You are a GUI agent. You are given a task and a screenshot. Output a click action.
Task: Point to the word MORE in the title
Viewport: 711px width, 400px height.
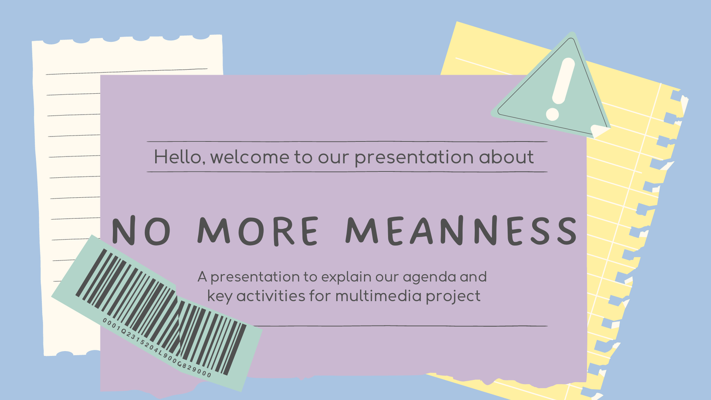[x=258, y=231]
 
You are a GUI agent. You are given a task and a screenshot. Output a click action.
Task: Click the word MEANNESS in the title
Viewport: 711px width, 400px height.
[x=461, y=231]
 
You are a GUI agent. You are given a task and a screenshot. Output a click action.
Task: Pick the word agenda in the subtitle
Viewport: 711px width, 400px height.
[x=429, y=277]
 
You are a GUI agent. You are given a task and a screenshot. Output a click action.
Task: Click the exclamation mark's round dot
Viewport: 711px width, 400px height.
[x=552, y=114]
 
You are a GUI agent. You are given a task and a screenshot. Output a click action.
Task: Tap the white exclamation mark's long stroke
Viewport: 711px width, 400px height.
[x=563, y=80]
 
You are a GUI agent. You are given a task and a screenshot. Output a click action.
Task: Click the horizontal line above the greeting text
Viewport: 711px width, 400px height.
[x=347, y=142]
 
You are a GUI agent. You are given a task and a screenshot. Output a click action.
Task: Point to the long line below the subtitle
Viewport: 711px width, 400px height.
[x=400, y=326]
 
